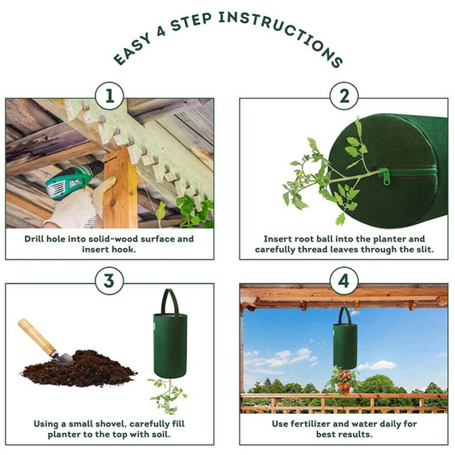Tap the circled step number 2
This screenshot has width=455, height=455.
click(x=345, y=97)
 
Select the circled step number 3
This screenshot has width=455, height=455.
click(x=109, y=281)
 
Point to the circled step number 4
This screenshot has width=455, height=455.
click(x=345, y=281)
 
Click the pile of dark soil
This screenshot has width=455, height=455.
click(x=80, y=370)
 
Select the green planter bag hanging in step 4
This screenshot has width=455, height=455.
click(x=345, y=345)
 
